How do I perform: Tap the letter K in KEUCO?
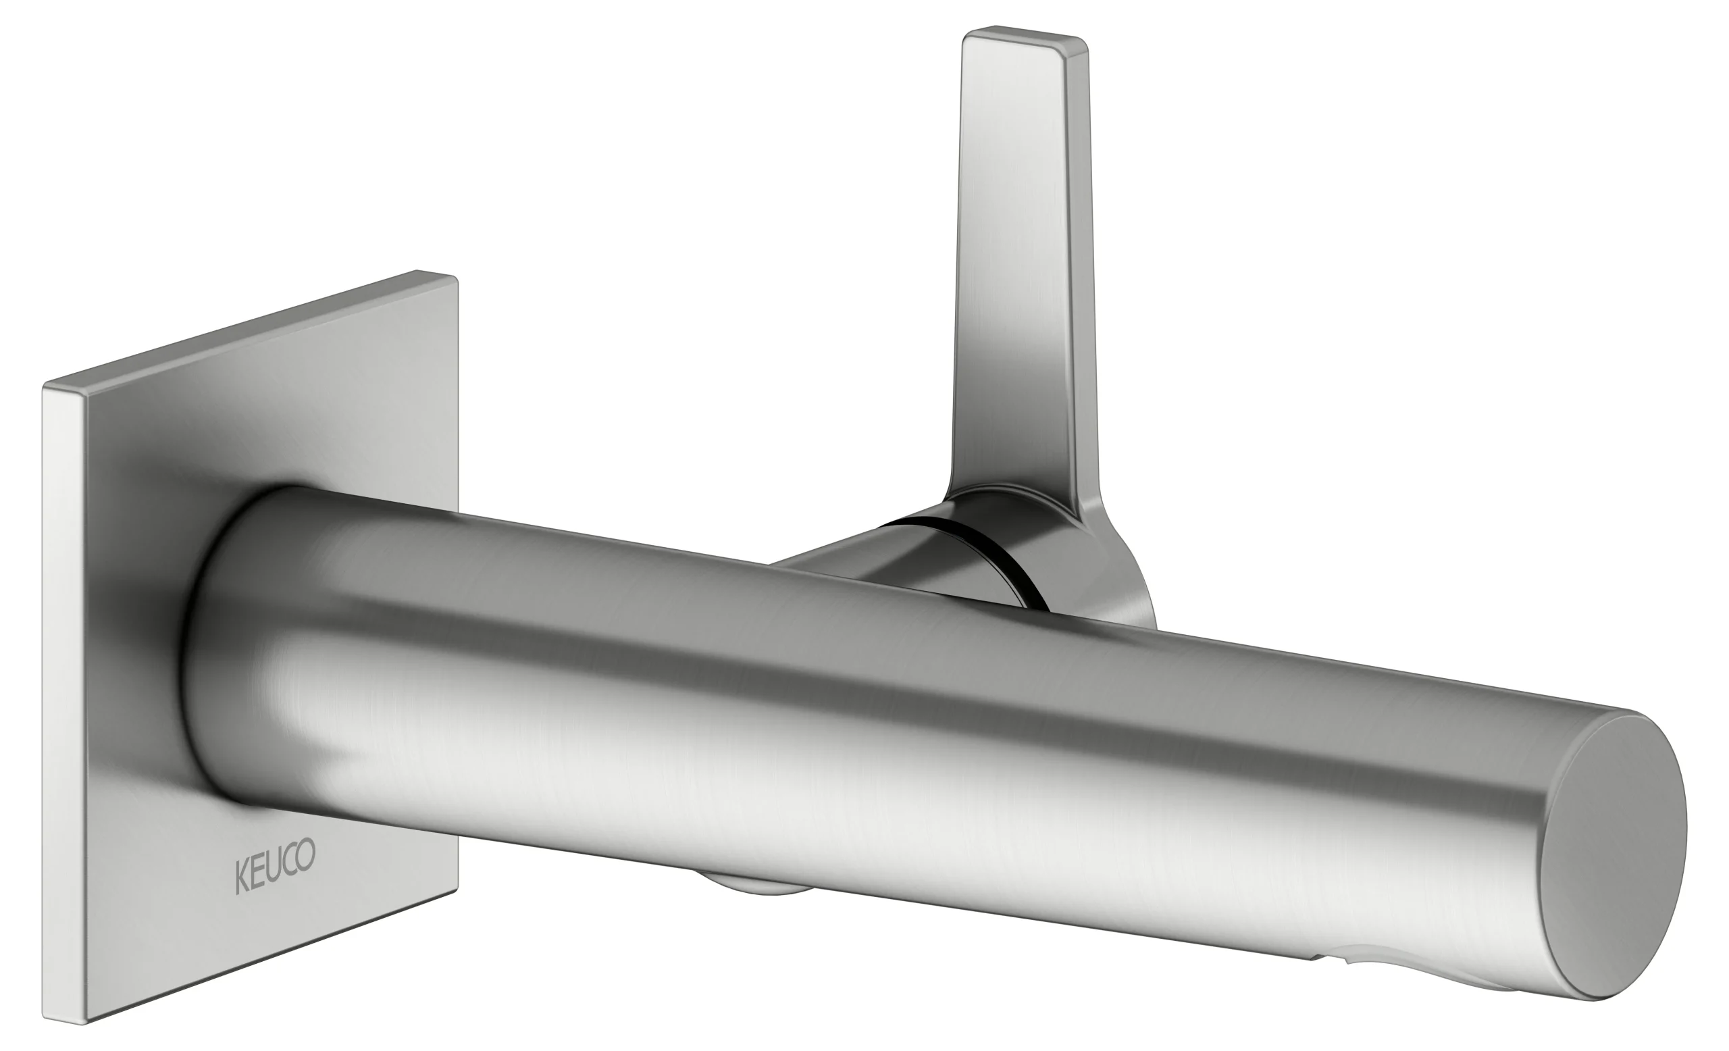tap(240, 877)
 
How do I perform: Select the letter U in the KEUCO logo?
tap(274, 868)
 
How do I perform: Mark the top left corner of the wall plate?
tap(47, 386)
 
